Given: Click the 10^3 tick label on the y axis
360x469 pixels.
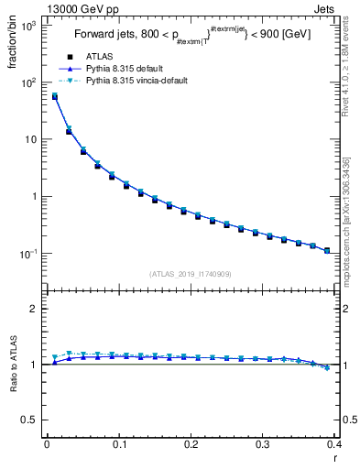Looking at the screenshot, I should tap(27, 26).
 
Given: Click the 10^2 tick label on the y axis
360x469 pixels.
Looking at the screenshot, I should tap(27, 82).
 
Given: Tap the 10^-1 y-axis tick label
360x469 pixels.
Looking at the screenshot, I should tap(27, 253).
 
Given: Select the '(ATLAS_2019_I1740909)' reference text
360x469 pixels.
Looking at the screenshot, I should tap(190, 273).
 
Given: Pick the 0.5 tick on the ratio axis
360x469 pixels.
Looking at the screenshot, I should tap(29, 420).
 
